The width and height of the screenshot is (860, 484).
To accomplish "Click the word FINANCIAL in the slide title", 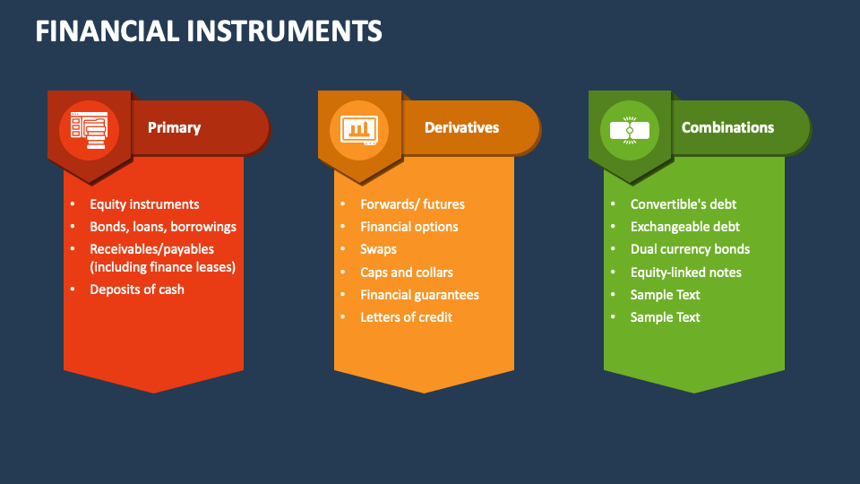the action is click(107, 31).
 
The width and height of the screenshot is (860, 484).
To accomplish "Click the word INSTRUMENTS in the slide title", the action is click(284, 31).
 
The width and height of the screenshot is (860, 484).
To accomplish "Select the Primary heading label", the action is click(175, 128).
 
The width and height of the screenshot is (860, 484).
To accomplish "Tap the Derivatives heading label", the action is click(462, 128).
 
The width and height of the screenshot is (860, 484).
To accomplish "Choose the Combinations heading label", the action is click(727, 128).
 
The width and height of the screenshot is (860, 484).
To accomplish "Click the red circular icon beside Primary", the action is click(89, 131).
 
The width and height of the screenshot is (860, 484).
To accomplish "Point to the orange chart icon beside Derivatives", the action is click(359, 131).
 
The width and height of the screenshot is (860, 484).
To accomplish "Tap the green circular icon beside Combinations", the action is click(630, 131).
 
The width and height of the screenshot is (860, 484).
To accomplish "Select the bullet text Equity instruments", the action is click(145, 204).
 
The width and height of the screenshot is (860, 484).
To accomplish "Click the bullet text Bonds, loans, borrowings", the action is click(163, 227).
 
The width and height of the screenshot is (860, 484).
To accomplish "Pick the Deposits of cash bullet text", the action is click(137, 290).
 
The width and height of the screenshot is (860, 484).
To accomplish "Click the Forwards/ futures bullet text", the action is click(412, 204).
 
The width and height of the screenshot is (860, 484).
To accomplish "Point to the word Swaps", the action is click(378, 250).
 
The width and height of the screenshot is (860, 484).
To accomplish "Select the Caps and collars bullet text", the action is click(407, 272).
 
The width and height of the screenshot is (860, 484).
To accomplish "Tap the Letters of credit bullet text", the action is click(407, 317).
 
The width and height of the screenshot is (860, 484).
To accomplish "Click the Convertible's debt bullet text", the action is click(684, 204).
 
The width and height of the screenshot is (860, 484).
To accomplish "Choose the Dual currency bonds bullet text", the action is click(690, 250).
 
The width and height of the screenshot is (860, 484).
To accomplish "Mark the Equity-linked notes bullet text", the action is click(686, 272).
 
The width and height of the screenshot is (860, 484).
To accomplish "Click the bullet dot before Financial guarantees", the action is click(343, 294).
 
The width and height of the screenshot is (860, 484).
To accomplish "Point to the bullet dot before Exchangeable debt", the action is click(613, 226).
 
